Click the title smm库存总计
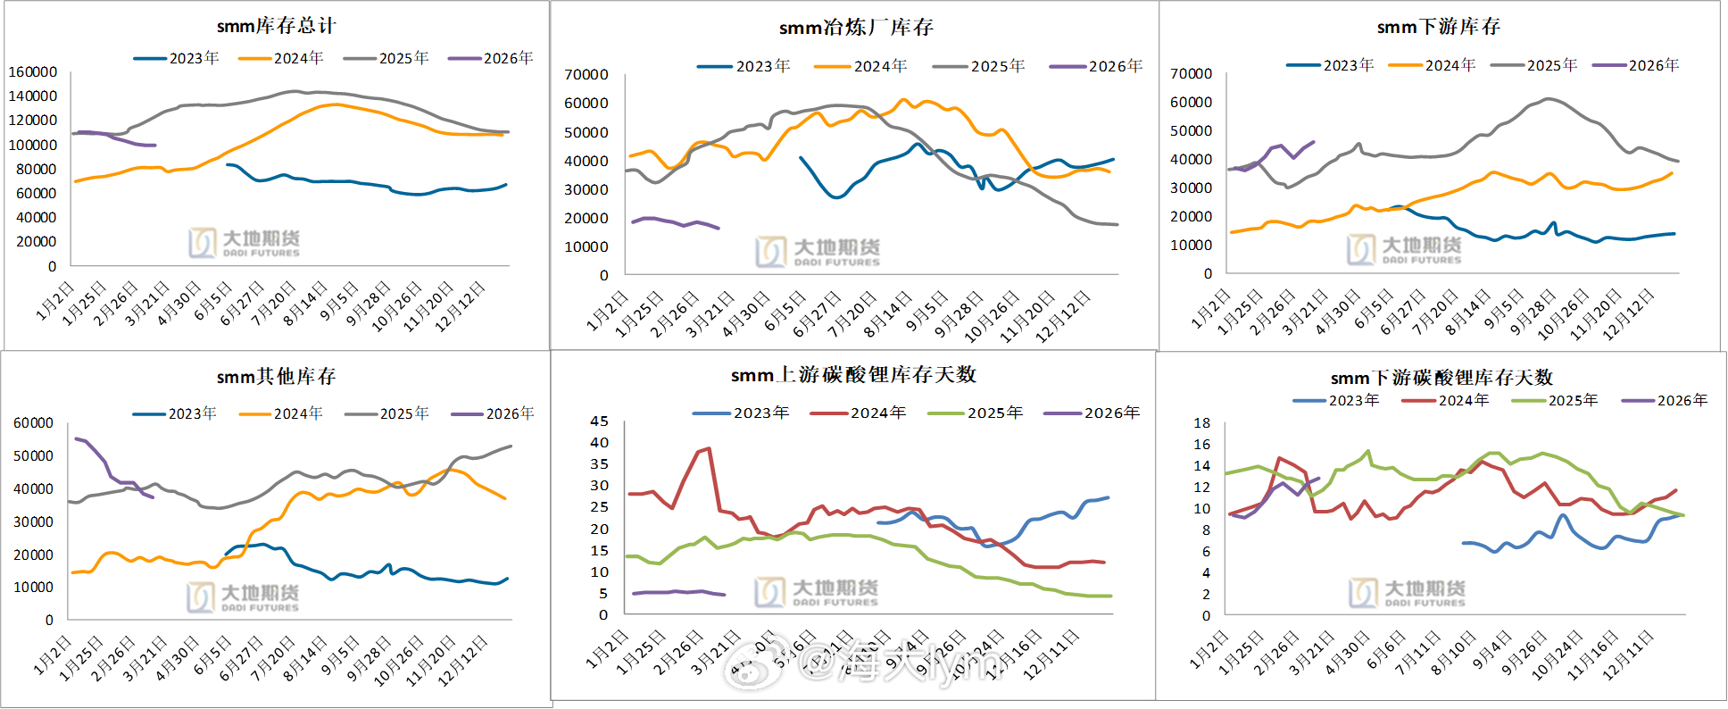[x=276, y=26]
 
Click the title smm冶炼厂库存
[x=856, y=28]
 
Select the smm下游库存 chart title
[x=1438, y=27]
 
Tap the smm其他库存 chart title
[x=276, y=377]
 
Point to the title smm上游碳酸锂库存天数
[x=853, y=375]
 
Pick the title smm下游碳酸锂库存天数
[x=1441, y=378]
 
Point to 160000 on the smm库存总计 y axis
[x=33, y=71]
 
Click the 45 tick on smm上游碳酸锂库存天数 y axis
[x=600, y=421]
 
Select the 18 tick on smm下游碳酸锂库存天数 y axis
[x=1202, y=422]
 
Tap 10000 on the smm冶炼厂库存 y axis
[x=586, y=246]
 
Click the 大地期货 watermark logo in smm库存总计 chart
[x=244, y=242]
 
